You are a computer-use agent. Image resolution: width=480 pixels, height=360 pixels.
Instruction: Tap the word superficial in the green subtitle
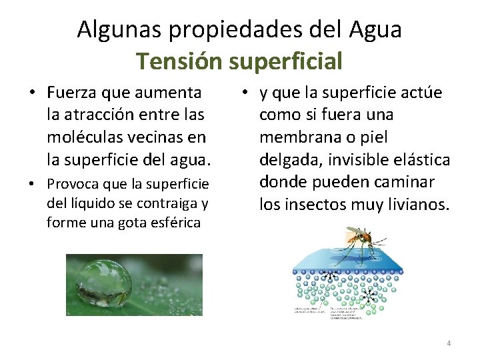285,61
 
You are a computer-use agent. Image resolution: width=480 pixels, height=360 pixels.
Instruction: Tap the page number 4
449,343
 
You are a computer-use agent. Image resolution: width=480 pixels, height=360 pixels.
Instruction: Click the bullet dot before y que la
246,93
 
